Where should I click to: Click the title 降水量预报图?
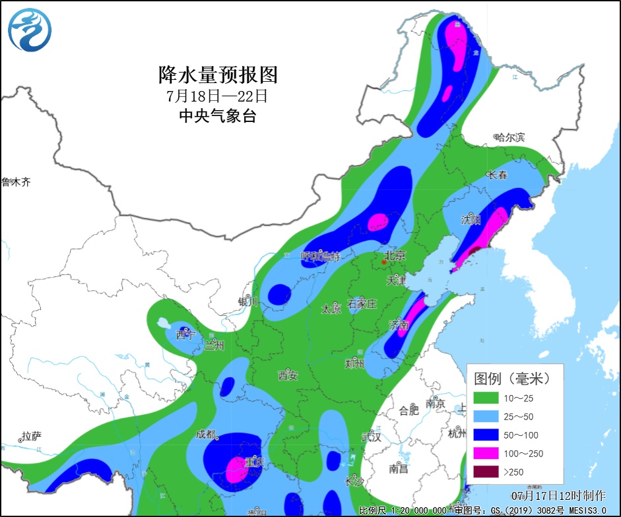(x=217, y=74)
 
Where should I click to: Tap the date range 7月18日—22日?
(x=217, y=95)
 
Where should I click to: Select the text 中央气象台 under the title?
(x=217, y=116)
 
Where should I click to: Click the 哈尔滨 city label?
(x=509, y=137)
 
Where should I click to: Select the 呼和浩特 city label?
(x=321, y=257)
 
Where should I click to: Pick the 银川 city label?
(x=248, y=301)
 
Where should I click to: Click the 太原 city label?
(x=331, y=309)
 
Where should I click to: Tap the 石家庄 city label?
(x=362, y=304)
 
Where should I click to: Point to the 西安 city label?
(x=288, y=376)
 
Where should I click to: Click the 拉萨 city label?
(x=31, y=436)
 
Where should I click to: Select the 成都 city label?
(x=205, y=435)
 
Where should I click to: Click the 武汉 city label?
(x=372, y=437)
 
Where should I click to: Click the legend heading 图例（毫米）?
(x=512, y=379)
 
